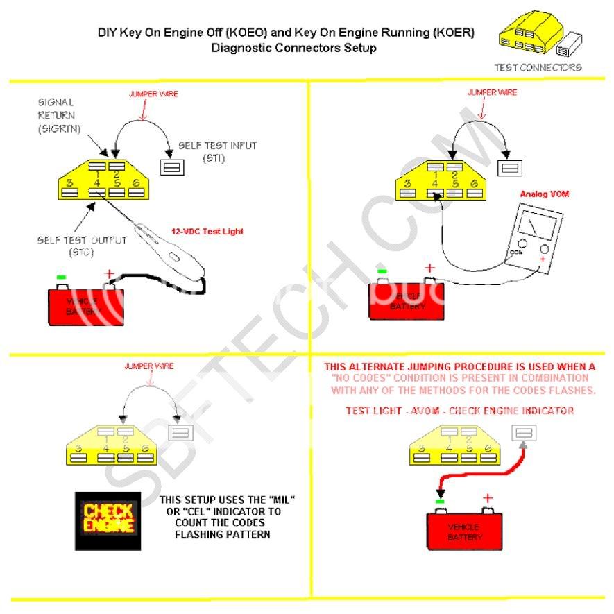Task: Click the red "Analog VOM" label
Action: click(544, 194)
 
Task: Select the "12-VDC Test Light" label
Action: click(208, 231)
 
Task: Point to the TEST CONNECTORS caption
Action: click(538, 67)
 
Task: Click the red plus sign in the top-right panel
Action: click(429, 268)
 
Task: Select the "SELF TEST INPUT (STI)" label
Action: click(216, 151)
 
